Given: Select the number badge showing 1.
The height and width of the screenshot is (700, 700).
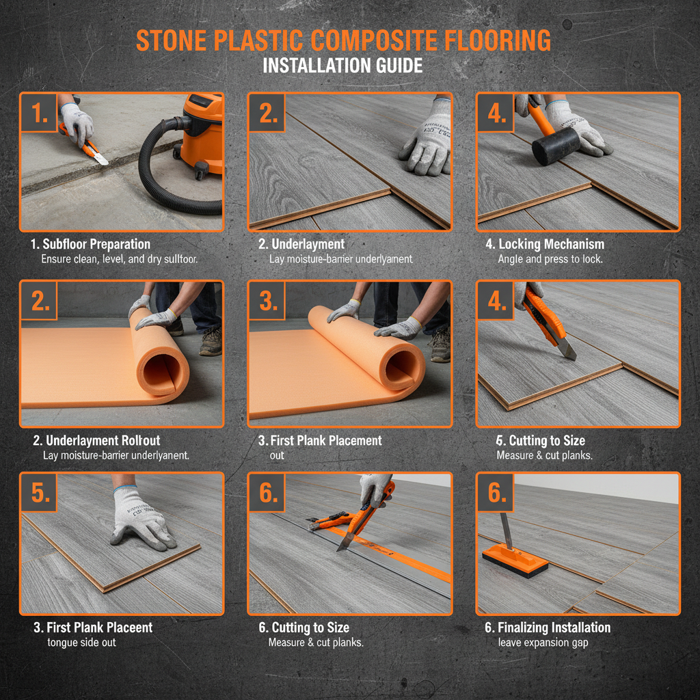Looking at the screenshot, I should [39, 113].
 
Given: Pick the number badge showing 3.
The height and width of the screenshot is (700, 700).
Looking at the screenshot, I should [267, 301].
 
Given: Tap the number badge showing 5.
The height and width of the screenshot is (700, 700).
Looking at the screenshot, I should [39, 493].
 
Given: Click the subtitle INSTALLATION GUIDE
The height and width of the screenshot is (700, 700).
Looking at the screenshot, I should [342, 66].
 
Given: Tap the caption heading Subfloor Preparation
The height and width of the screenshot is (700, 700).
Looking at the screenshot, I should [96, 244].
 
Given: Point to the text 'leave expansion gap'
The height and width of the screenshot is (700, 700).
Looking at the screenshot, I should [543, 642].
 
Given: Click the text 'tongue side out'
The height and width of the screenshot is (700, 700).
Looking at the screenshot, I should [81, 642].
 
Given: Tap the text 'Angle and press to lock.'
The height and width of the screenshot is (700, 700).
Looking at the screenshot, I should [550, 259].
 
